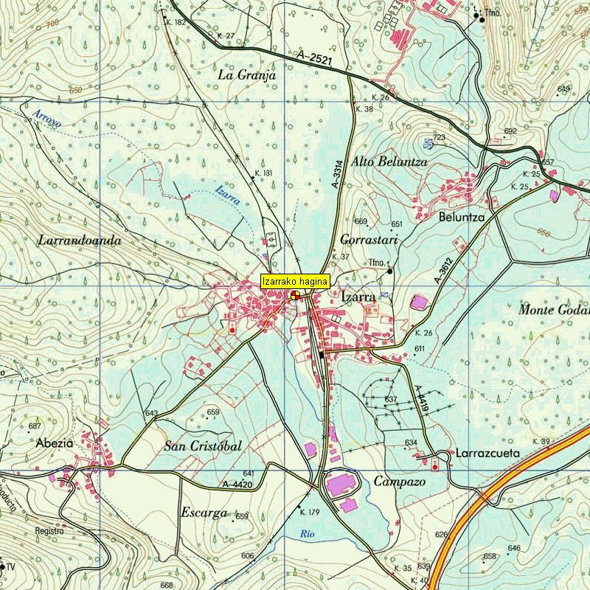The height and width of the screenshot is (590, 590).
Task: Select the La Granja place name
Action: pos(247,75)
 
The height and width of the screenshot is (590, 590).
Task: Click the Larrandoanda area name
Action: pos(79,240)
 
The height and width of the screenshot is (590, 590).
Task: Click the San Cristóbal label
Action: pos(203,446)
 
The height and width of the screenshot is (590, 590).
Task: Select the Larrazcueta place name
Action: pos(487,453)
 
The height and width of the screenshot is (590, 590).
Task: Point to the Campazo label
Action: pos(399,482)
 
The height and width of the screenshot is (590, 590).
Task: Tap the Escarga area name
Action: pos(204,513)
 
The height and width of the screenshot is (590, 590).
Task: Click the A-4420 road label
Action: pos(237,485)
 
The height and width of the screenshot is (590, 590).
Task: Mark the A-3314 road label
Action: pos(336,177)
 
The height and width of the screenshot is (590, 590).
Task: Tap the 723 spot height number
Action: pos(440,138)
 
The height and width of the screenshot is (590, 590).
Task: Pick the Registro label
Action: pos(49,531)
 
